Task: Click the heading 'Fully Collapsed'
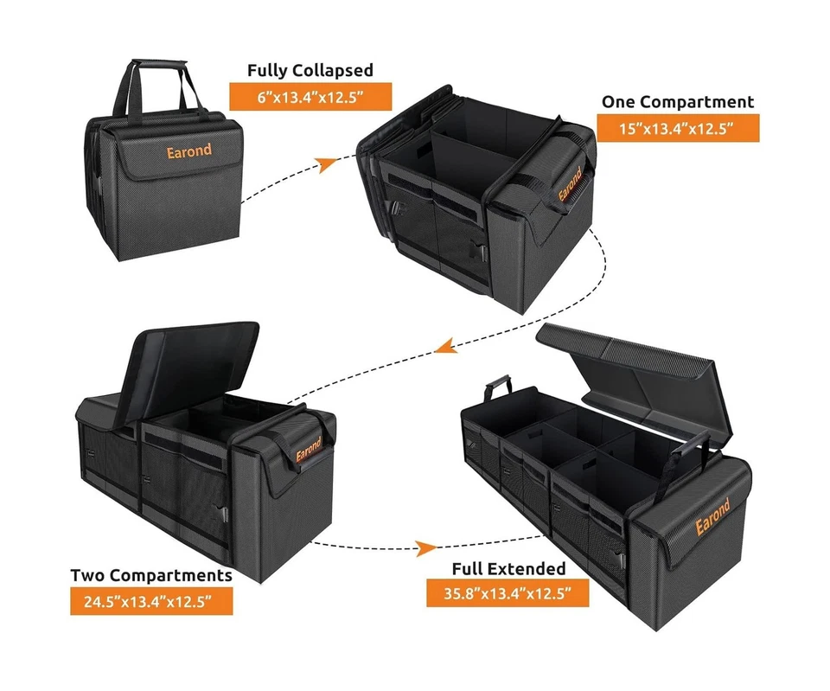310,70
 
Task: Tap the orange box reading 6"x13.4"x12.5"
310,97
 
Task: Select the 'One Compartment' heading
677,101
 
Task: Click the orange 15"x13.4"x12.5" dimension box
678,128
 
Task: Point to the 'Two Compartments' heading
151,575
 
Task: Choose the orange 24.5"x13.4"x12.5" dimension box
151,601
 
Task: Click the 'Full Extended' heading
508,568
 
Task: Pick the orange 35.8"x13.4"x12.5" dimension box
508,594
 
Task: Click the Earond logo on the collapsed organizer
189,150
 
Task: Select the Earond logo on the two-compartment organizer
308,453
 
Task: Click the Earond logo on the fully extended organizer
712,517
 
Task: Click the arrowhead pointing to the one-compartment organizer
326,164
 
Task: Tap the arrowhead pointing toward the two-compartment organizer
443,347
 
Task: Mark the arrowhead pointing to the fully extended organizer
425,547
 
